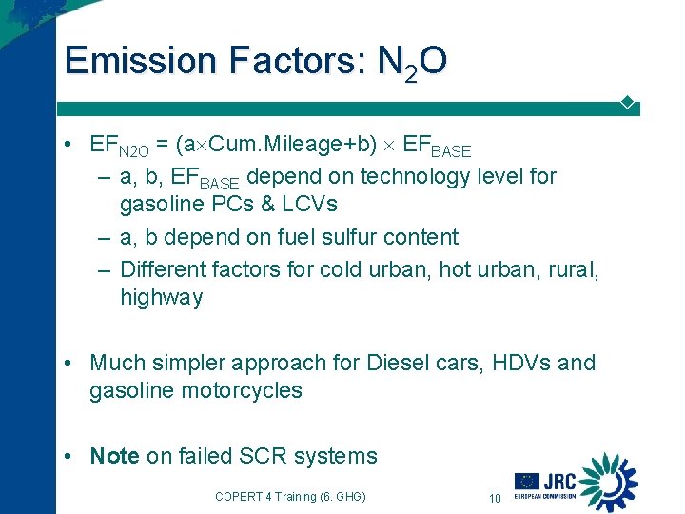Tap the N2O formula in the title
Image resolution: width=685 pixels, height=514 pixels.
pos(412,63)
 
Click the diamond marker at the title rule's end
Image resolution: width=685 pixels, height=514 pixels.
pos(627,101)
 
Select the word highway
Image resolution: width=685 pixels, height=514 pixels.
pos(161,297)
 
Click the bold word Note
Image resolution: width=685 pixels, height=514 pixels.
pos(114,456)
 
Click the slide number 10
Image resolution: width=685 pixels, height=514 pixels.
pos(494,497)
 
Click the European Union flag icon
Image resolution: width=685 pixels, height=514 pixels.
pos(527,482)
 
